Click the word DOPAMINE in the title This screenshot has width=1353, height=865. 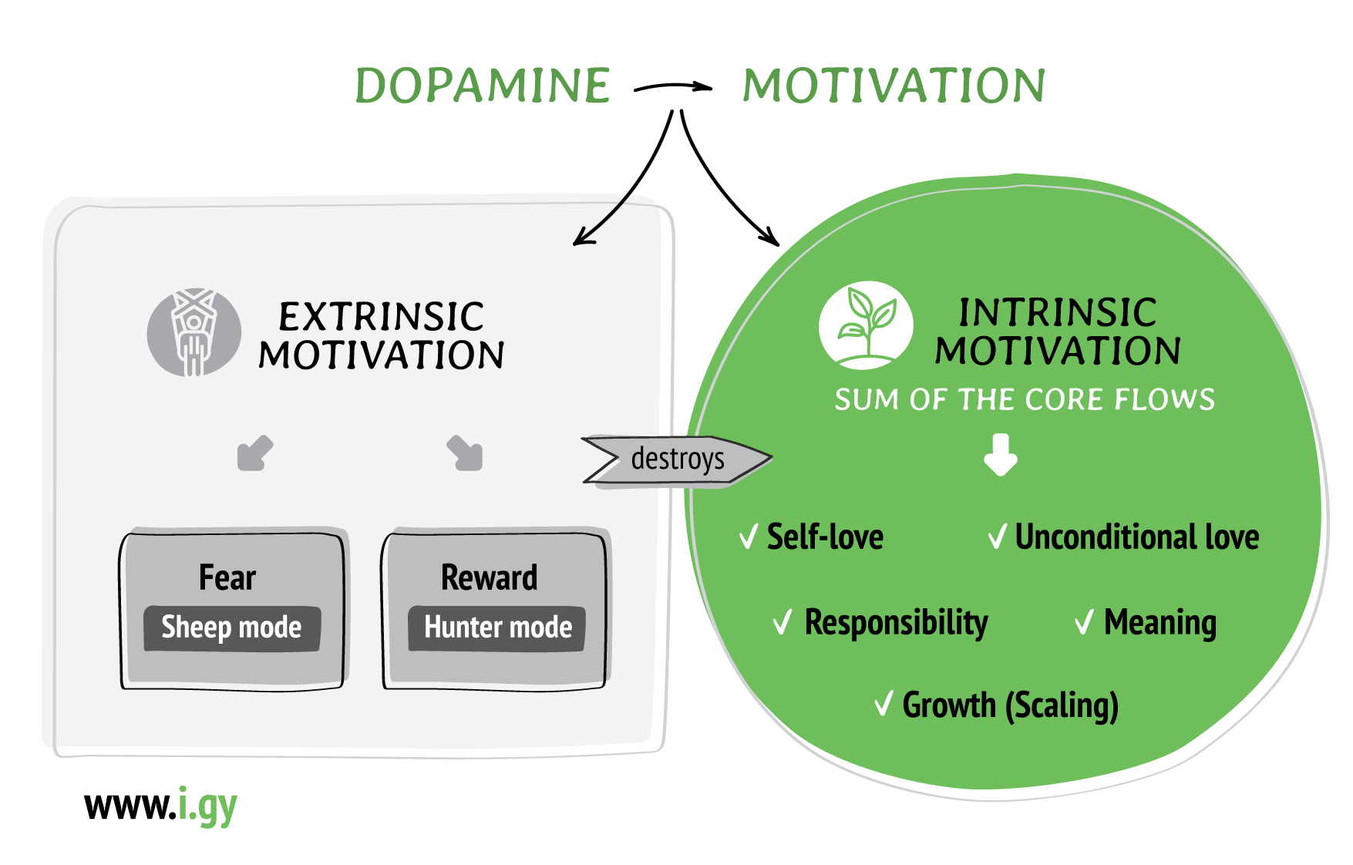click(x=483, y=86)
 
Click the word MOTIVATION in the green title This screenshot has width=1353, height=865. click(x=894, y=86)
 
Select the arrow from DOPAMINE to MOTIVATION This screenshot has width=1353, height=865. click(x=672, y=87)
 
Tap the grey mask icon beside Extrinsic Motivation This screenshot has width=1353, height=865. click(x=194, y=333)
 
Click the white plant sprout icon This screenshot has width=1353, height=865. click(x=866, y=325)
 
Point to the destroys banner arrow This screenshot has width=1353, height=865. click(x=676, y=460)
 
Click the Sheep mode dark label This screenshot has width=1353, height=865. click(x=231, y=628)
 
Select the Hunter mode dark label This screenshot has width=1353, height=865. click(x=497, y=628)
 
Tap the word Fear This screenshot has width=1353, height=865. click(x=227, y=577)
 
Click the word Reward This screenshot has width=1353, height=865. click(x=489, y=577)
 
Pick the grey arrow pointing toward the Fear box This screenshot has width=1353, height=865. click(x=254, y=453)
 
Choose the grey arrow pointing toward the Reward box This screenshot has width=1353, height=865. click(x=465, y=453)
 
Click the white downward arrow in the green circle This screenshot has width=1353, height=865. click(x=1001, y=455)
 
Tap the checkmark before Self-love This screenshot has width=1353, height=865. click(x=748, y=537)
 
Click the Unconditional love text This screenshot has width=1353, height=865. click(x=1136, y=537)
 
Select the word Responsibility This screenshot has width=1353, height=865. click(x=896, y=622)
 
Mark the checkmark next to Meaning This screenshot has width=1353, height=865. click(x=1084, y=621)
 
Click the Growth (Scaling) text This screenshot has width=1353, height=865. click(x=1010, y=705)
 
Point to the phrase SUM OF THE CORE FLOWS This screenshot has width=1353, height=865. click(x=1025, y=399)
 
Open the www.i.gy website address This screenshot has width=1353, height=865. click(x=160, y=806)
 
